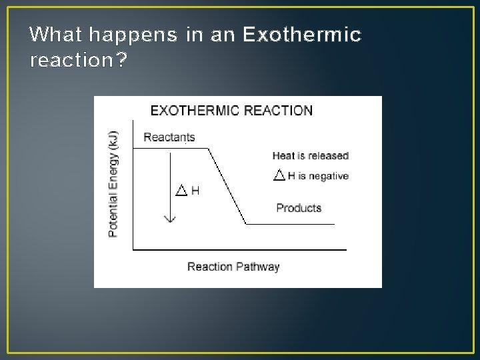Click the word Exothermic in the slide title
click(302, 35)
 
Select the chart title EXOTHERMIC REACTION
click(231, 111)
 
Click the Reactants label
click(169, 137)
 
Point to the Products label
click(299, 208)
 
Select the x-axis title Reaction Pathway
click(233, 267)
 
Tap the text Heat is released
click(310, 156)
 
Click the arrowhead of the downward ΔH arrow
click(170, 217)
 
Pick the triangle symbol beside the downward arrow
click(181, 191)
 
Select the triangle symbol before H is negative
click(280, 176)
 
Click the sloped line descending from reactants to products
click(228, 187)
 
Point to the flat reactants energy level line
click(160, 149)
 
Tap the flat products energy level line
click(290, 225)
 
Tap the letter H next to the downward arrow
click(195, 191)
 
